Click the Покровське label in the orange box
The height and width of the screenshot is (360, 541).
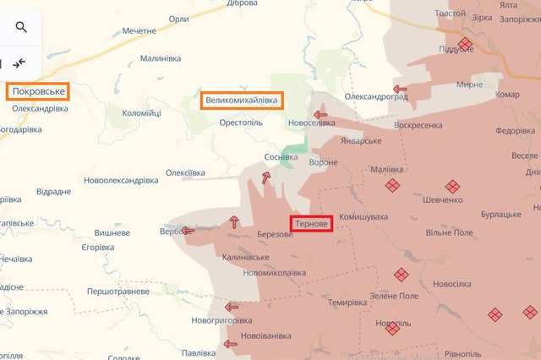[x=37, y=91]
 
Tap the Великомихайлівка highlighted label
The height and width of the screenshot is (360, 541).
[x=242, y=101]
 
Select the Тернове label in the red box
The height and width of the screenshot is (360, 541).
[x=312, y=224]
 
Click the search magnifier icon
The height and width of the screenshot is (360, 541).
[x=21, y=27]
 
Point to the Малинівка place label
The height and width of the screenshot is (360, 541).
[x=161, y=58]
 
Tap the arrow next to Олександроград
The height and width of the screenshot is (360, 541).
[x=400, y=89]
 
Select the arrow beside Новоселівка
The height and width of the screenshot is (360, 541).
[x=320, y=115]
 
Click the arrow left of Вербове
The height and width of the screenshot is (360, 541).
[x=188, y=230]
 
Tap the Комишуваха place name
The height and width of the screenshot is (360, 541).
[x=363, y=217]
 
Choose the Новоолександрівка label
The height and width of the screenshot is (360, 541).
[x=121, y=181]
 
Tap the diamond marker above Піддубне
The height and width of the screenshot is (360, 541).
[x=464, y=43]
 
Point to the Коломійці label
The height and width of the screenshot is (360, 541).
[x=141, y=113]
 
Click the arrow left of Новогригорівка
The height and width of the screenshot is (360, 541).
[x=232, y=307]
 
